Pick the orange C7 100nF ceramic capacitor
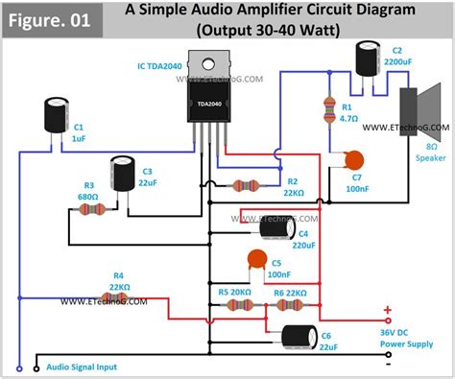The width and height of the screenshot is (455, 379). [x=356, y=163]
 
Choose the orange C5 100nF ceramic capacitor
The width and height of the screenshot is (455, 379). [x=257, y=259]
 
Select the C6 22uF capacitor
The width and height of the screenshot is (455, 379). [x=297, y=337]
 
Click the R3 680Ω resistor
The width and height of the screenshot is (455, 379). [x=93, y=206]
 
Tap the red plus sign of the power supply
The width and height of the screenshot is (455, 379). [x=387, y=310]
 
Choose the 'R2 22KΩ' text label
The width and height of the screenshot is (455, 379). [x=299, y=186]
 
